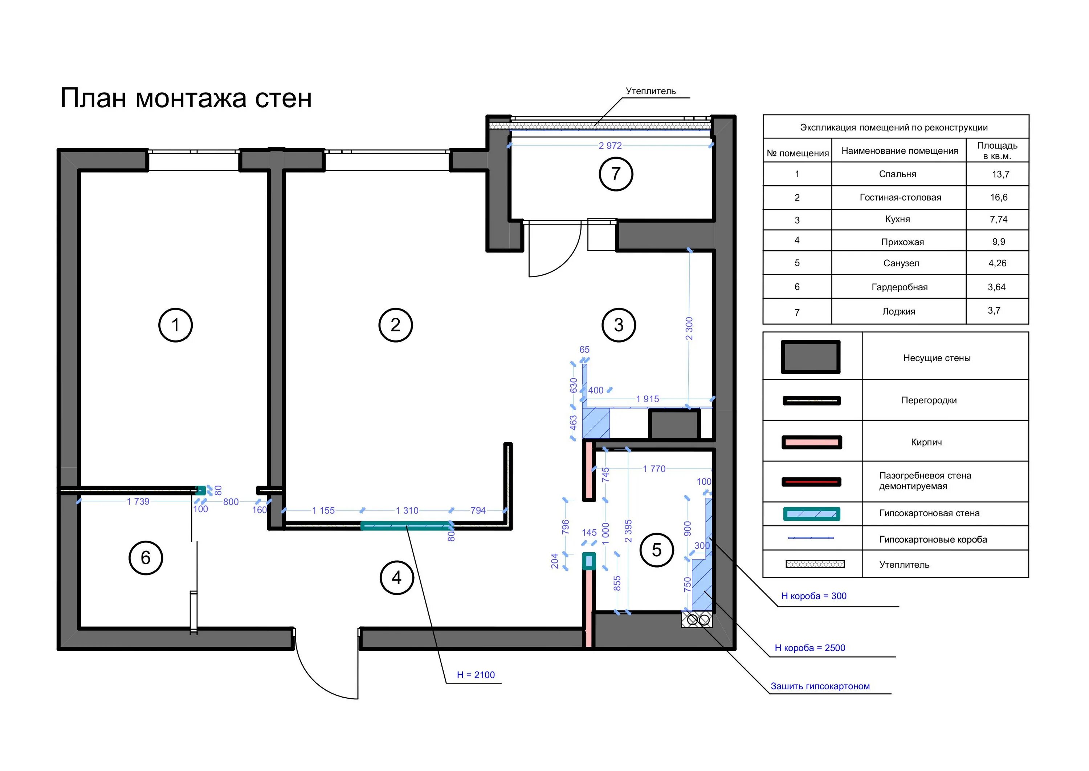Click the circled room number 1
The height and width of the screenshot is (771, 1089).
coord(175,325)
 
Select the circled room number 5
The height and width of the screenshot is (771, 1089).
coord(656,550)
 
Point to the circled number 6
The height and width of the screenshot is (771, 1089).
coord(146,557)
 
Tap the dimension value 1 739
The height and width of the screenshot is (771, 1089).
coord(138,501)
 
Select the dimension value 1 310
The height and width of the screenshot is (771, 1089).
coord(407,510)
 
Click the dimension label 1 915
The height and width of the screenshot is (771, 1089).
coord(648,399)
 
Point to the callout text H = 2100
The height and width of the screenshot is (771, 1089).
coord(476,675)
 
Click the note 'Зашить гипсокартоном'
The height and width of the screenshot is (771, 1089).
coord(820,686)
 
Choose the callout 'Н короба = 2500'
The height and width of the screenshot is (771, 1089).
coord(810,647)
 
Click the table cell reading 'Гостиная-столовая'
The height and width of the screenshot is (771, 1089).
coord(900,198)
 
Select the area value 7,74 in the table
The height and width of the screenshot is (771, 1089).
coord(998,219)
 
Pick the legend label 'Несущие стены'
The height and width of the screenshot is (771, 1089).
coord(937,358)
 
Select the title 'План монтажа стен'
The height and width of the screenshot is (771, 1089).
coord(186,98)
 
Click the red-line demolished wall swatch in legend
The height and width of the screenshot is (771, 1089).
coord(812,482)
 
